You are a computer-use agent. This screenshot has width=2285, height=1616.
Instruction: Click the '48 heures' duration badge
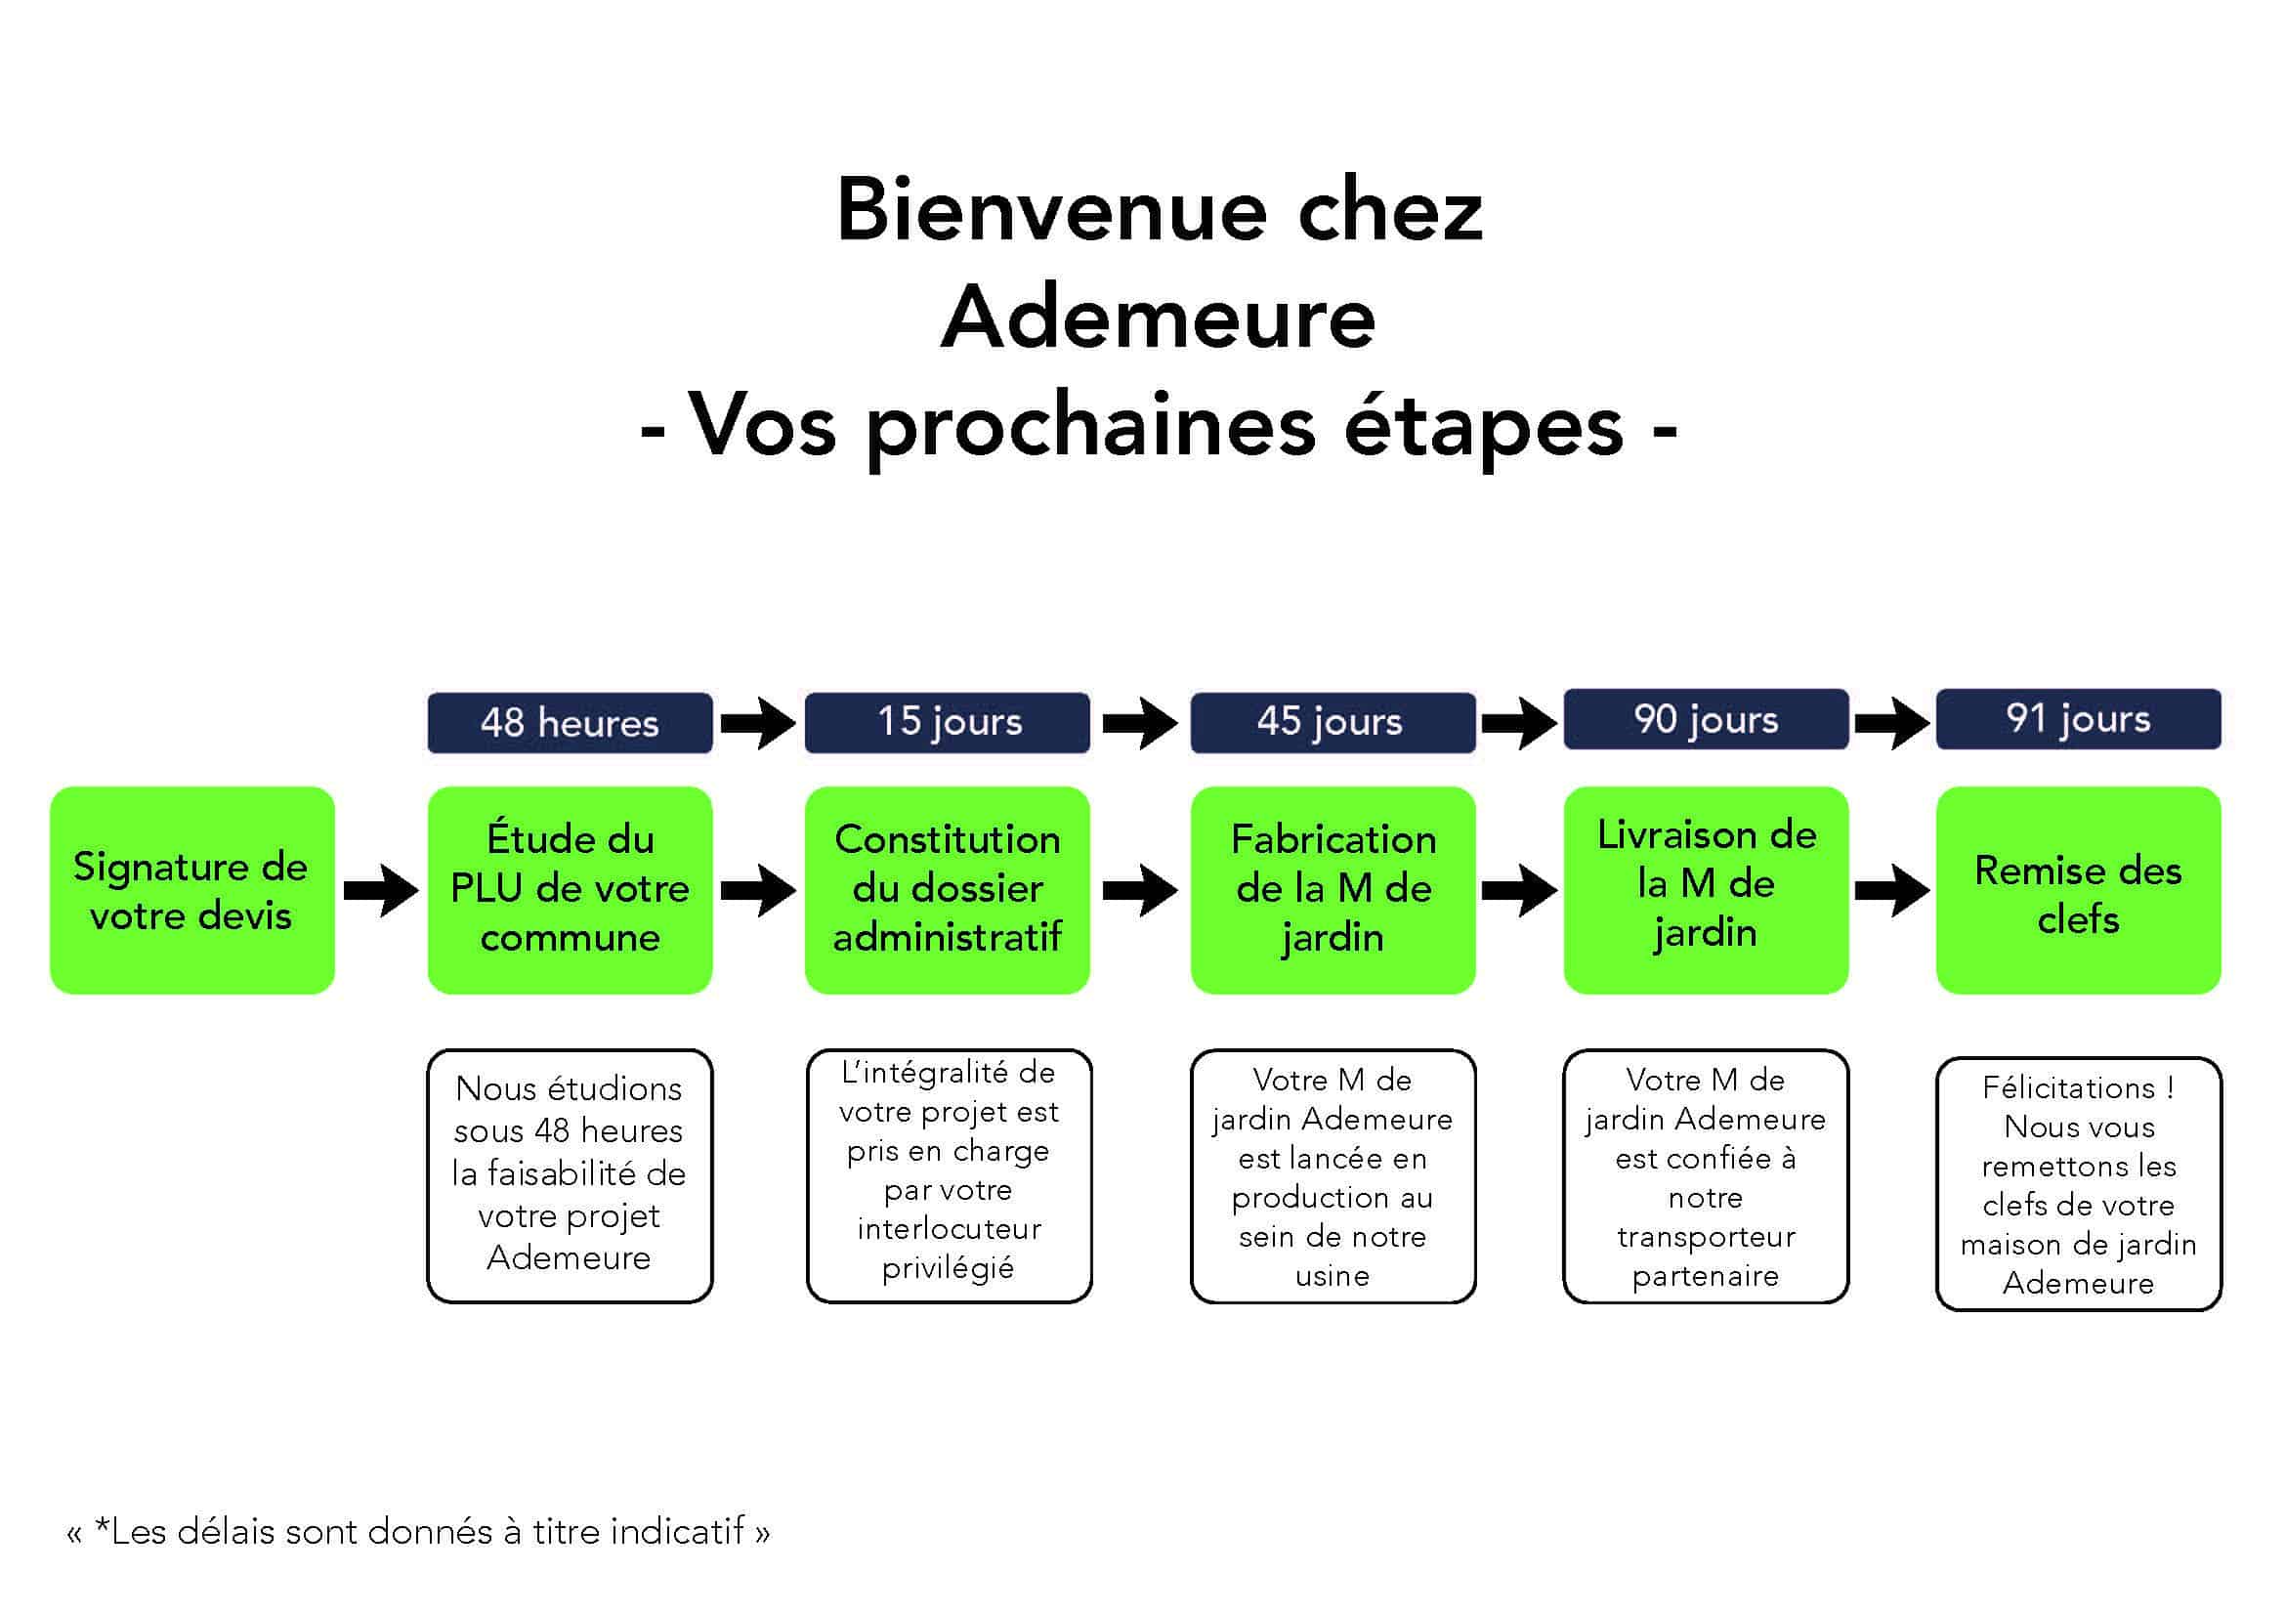point(570,722)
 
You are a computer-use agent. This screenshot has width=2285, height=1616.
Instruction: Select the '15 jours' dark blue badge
point(948,722)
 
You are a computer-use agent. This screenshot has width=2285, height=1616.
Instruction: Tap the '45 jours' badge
point(1333,722)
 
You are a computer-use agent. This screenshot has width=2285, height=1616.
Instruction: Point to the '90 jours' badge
point(1706,718)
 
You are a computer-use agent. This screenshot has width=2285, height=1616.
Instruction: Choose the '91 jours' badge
point(2078,718)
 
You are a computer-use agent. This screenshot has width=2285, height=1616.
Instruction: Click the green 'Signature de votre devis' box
point(192,891)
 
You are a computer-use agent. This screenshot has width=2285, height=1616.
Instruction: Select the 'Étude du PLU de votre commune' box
point(570,891)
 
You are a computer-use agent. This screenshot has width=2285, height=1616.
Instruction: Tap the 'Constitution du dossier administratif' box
point(948,891)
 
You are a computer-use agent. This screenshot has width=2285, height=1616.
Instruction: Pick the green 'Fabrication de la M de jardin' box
point(1333,891)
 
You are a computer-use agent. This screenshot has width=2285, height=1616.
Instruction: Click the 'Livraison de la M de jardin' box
point(1706,891)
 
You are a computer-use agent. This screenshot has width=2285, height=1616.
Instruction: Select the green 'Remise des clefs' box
point(2078,891)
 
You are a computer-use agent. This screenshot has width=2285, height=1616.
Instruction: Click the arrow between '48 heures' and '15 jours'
point(758,722)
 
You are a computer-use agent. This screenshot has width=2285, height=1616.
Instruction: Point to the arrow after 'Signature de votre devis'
point(381,890)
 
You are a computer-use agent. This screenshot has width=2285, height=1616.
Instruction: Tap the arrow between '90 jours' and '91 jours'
point(1892,722)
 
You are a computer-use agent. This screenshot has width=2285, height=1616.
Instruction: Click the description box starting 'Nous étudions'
point(570,1175)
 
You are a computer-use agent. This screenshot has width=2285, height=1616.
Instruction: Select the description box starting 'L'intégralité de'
point(949,1175)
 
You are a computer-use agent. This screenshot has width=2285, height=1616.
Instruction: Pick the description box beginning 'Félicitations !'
point(2078,1183)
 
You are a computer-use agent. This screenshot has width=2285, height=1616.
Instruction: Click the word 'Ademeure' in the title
point(1159,318)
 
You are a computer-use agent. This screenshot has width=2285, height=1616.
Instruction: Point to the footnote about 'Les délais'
point(418,1531)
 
